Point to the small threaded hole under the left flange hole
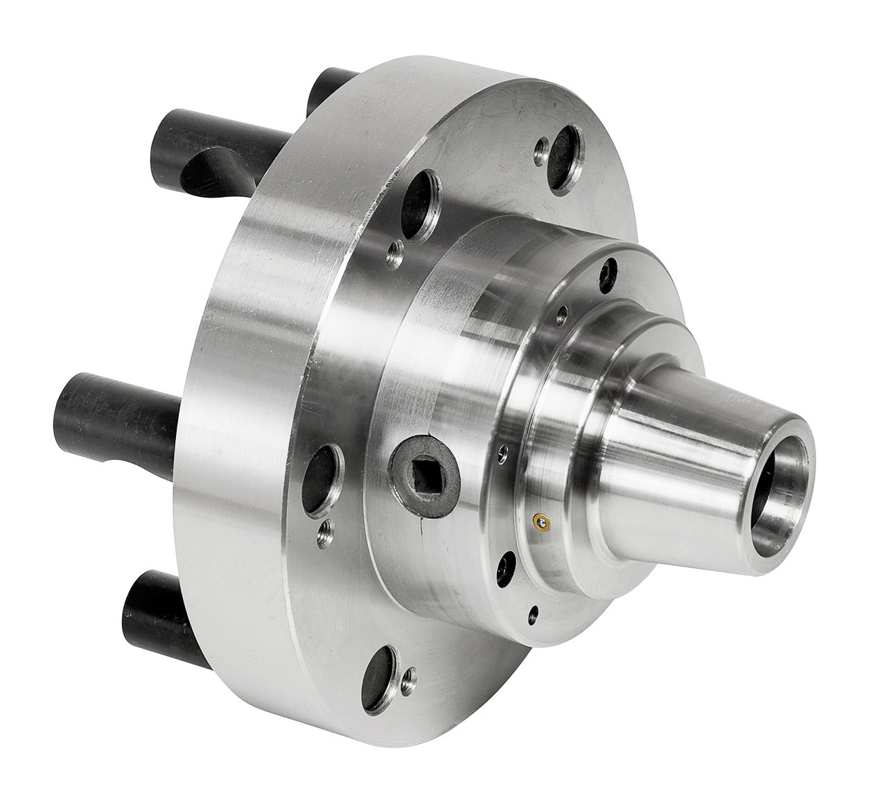click(x=324, y=532)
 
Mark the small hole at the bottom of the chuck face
click(x=532, y=612)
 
